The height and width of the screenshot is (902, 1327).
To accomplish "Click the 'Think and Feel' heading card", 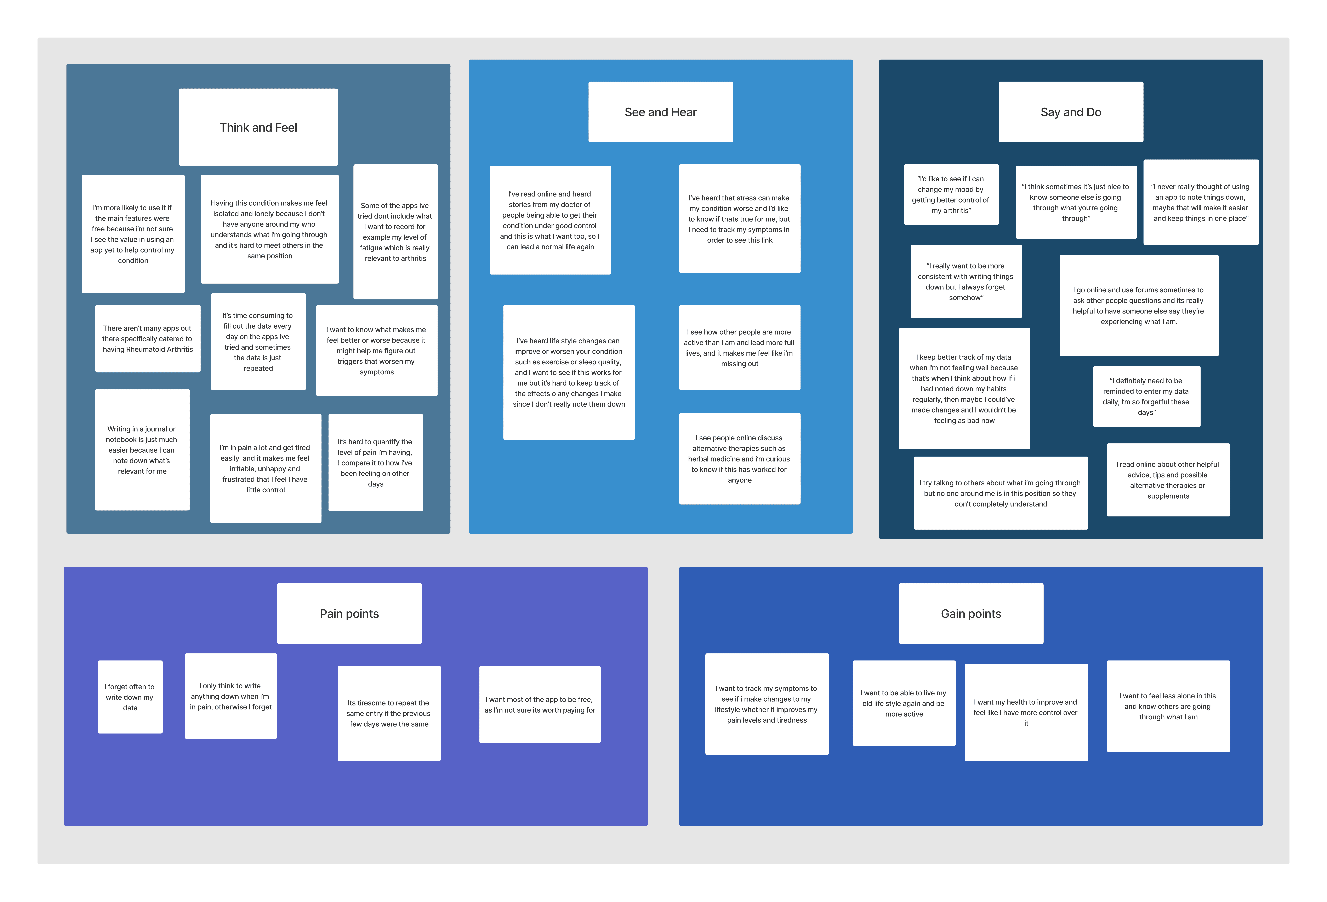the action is click(x=258, y=127).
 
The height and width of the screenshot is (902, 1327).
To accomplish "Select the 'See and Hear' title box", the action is click(x=661, y=112).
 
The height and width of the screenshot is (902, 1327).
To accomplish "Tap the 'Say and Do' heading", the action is click(x=1071, y=112).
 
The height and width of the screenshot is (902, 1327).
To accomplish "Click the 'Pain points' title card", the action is click(x=349, y=614).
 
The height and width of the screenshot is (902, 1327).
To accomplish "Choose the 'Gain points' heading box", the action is click(x=971, y=614).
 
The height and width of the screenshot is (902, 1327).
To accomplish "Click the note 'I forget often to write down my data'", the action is click(x=130, y=697).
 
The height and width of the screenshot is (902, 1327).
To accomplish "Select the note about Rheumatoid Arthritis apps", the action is click(x=148, y=339).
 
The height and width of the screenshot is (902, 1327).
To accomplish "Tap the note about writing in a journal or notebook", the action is click(x=142, y=450).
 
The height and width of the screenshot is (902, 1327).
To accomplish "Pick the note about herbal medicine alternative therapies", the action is click(x=739, y=459).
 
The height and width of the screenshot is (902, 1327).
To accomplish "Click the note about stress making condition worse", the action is click(x=739, y=219).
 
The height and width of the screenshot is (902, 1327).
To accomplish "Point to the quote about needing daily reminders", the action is click(x=1147, y=396).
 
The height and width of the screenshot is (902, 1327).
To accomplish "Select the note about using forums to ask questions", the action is click(x=1139, y=306).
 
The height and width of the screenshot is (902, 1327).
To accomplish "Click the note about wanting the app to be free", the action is click(x=540, y=704).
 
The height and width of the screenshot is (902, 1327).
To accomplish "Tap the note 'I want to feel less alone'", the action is click(x=1168, y=706).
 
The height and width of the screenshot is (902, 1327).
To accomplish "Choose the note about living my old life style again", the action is click(x=904, y=703).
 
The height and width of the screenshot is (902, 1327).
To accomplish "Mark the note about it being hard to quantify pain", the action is click(x=376, y=463).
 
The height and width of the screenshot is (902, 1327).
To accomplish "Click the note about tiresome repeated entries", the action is click(x=389, y=713).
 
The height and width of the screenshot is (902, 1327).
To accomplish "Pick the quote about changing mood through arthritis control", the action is click(x=951, y=195).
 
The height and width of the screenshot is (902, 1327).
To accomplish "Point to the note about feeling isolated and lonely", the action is click(x=269, y=229).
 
